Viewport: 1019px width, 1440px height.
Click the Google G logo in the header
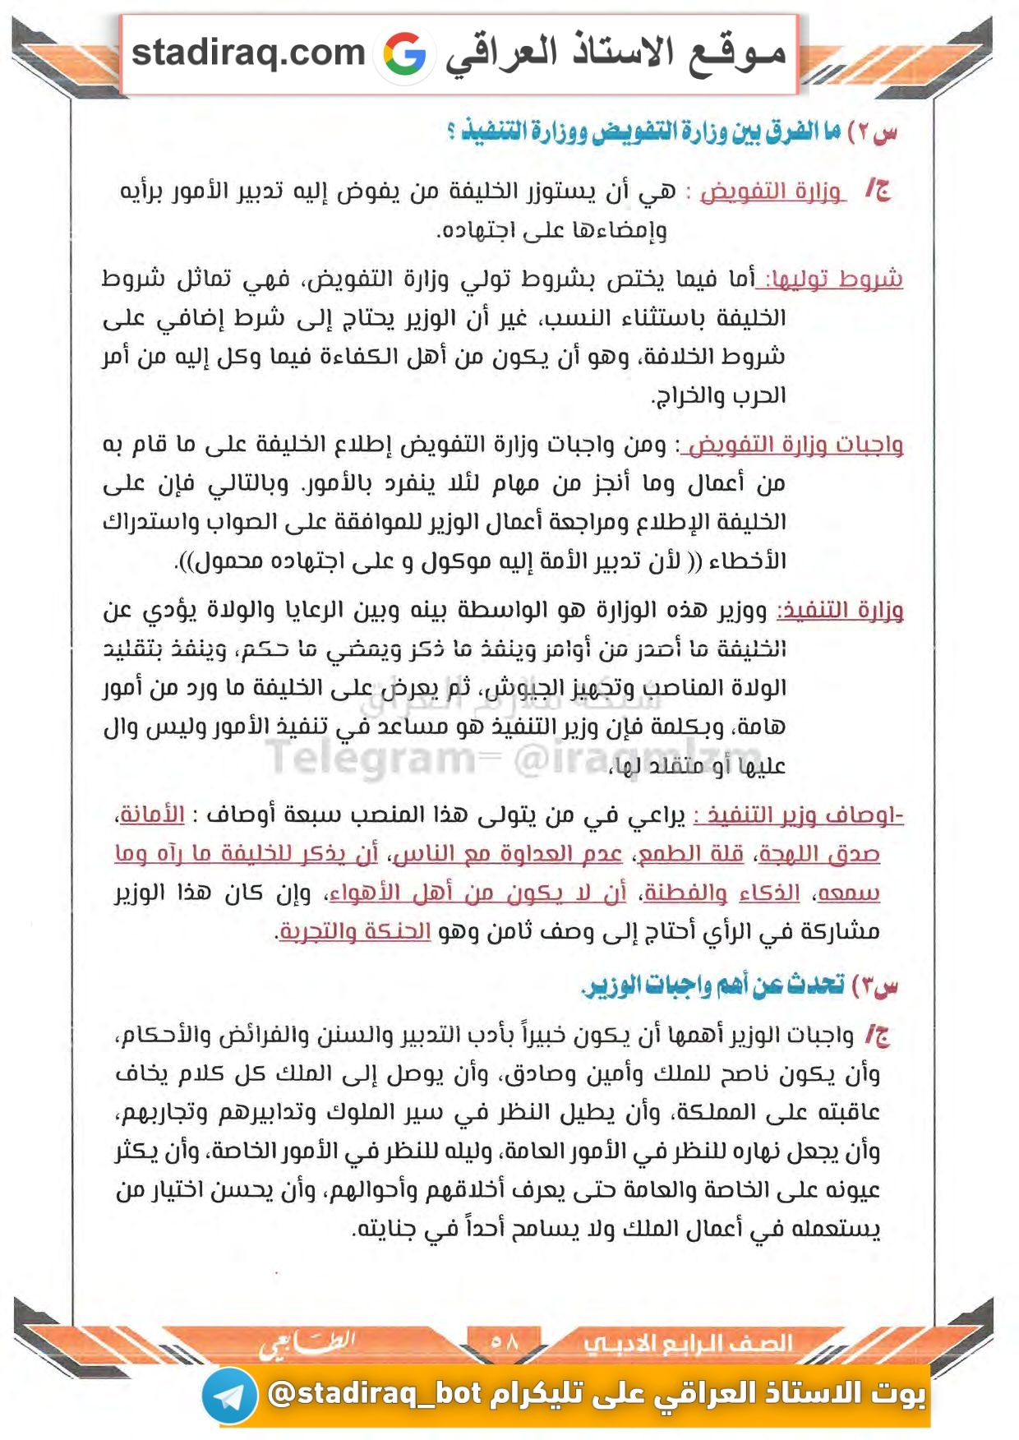404,54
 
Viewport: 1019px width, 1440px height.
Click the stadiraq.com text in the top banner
248,53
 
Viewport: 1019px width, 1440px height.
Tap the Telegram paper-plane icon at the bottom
229,1396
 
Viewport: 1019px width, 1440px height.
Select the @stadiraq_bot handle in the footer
375,1393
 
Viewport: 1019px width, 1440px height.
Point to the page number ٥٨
504,1341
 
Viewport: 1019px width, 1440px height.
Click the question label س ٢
874,132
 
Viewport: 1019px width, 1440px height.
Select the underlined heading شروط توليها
830,279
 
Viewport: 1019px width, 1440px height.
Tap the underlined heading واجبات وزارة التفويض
794,445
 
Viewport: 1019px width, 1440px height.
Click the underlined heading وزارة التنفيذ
840,610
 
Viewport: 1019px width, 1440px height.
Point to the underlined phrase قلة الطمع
691,855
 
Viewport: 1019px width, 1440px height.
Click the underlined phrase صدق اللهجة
818,855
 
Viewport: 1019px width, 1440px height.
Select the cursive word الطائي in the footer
307,1344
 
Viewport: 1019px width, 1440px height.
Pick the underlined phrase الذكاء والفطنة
722,893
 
